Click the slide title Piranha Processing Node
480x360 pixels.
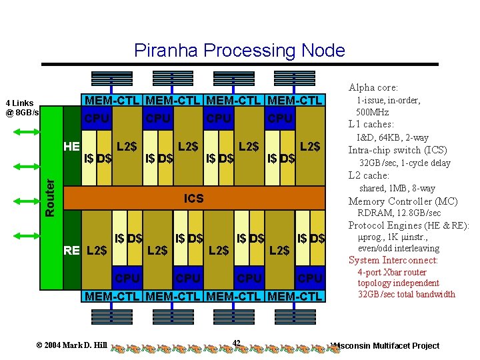[x=239, y=51]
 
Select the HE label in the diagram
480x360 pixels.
[x=71, y=146]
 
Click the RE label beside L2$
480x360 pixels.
[x=71, y=251]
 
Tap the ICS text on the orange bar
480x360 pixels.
[x=194, y=199]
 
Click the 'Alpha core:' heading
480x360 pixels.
[x=373, y=87]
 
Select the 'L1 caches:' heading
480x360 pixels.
[x=371, y=124]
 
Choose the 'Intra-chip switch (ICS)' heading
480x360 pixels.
[x=397, y=150]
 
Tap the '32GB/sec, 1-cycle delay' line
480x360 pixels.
[x=405, y=163]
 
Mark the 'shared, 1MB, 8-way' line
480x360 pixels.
[x=397, y=189]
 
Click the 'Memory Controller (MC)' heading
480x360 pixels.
[x=403, y=201]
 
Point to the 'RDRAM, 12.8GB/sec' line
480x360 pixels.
[x=399, y=213]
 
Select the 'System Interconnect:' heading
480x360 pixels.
[x=393, y=260]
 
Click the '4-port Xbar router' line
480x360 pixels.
[x=392, y=272]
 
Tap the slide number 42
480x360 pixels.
[x=236, y=343]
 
